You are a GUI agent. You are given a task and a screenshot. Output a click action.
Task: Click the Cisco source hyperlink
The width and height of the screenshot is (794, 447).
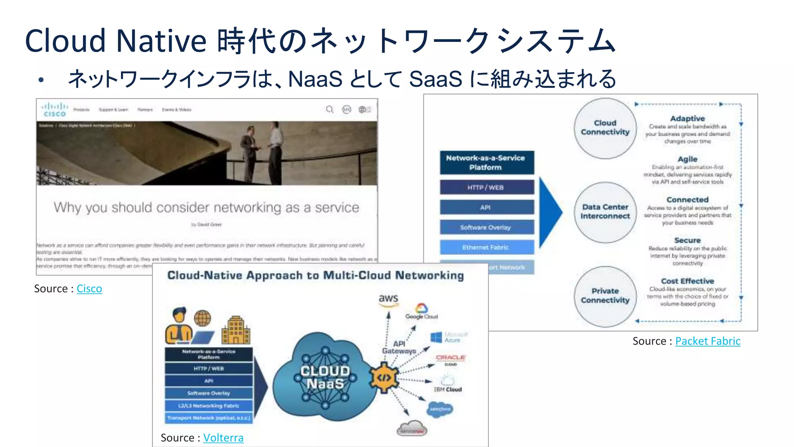click(x=89, y=289)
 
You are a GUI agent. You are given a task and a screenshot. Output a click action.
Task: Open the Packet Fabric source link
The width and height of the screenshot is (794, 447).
click(x=708, y=341)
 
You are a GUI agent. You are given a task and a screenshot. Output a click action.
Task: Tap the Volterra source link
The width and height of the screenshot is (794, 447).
click(x=223, y=438)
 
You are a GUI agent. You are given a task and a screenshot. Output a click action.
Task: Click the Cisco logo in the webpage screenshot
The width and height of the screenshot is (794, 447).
click(x=55, y=109)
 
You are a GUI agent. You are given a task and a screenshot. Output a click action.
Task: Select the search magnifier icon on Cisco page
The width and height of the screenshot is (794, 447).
click(x=330, y=109)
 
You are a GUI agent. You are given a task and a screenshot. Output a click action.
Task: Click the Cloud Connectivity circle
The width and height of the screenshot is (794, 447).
click(x=605, y=128)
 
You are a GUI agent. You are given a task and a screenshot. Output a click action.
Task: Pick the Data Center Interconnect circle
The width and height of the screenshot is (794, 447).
click(x=605, y=212)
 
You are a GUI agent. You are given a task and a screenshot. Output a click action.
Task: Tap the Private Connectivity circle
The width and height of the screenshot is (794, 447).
click(x=605, y=296)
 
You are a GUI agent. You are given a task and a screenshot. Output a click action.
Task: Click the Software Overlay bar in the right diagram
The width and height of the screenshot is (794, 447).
click(x=487, y=227)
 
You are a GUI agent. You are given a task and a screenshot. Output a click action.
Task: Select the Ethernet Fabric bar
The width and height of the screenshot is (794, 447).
click(x=487, y=247)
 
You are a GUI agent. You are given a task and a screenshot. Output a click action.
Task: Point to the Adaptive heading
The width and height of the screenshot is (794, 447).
click(x=687, y=118)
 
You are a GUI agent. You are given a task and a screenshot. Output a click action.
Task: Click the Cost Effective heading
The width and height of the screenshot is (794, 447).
click(x=687, y=281)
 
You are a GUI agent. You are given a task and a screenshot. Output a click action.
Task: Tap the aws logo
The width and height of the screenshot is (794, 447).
click(x=388, y=300)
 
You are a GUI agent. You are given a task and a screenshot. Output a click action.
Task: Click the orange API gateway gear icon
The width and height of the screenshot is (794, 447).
click(x=384, y=377)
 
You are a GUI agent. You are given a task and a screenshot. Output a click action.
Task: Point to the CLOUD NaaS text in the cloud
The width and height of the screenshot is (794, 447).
click(x=325, y=377)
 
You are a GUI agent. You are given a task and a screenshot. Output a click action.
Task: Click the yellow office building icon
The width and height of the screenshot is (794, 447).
click(x=236, y=330)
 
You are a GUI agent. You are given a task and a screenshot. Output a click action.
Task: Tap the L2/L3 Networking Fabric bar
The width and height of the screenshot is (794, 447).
click(x=209, y=405)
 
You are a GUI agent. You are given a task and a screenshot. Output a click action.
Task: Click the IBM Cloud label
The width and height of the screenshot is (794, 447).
click(x=448, y=389)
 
